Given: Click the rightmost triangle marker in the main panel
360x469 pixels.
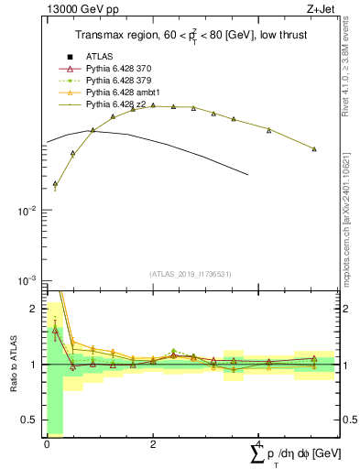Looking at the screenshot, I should (314, 148).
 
